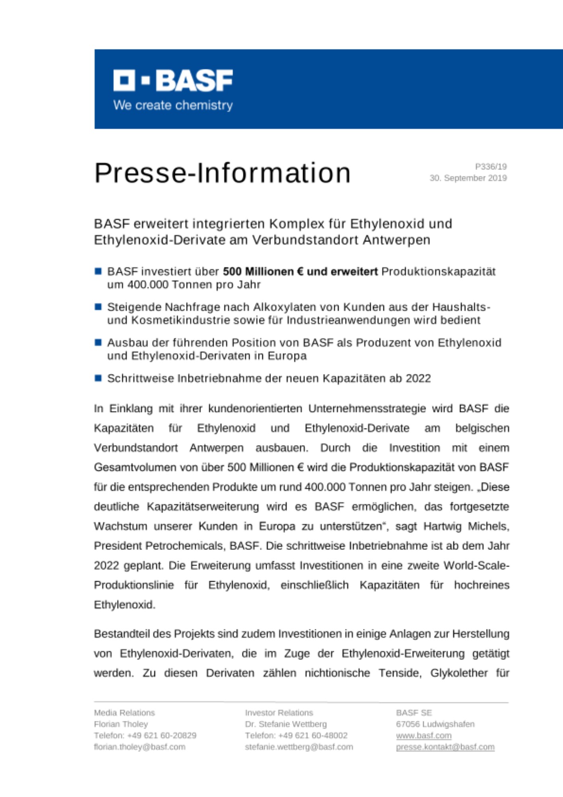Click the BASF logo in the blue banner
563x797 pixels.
coord(173,80)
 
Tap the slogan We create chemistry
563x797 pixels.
coord(173,105)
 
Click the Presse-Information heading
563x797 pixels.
coord(223,173)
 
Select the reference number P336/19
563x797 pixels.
coord(491,167)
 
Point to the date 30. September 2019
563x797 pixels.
coord(468,178)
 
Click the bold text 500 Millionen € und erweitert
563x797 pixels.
coord(300,272)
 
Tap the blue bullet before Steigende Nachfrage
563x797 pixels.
coord(98,307)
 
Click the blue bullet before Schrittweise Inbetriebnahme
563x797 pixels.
coord(98,378)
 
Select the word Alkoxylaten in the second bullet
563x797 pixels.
coord(286,307)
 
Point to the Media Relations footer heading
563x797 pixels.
coord(124,713)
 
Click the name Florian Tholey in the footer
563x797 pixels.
coord(121,724)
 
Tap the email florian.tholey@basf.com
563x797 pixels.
coord(140,747)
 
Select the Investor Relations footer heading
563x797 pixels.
coord(279,713)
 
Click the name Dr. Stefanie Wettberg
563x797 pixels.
coord(285,724)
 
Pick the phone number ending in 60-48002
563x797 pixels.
coord(296,735)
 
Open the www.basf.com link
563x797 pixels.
coord(424,736)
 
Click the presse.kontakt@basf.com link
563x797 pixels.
coord(445,747)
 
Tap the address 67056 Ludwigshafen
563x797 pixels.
coord(435,724)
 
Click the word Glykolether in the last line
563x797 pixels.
coord(459,673)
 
